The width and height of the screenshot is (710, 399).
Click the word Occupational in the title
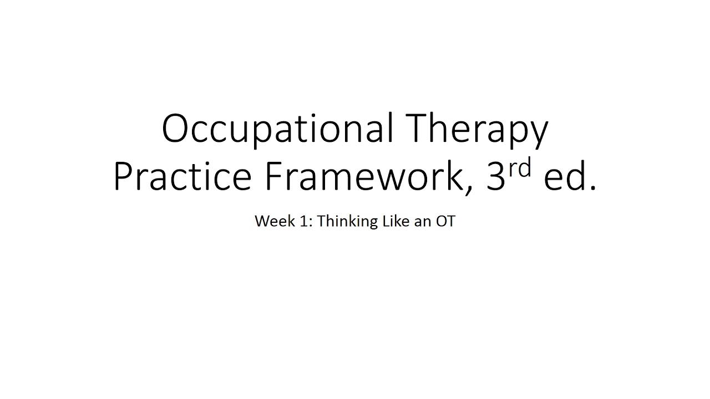(277, 129)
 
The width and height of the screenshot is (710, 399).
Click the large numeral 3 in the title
(495, 177)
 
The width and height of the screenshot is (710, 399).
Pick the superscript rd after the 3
(520, 168)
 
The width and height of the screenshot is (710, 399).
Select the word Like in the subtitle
(393, 221)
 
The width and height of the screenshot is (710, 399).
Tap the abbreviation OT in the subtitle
(445, 221)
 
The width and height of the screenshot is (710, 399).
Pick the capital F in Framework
(275, 177)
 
